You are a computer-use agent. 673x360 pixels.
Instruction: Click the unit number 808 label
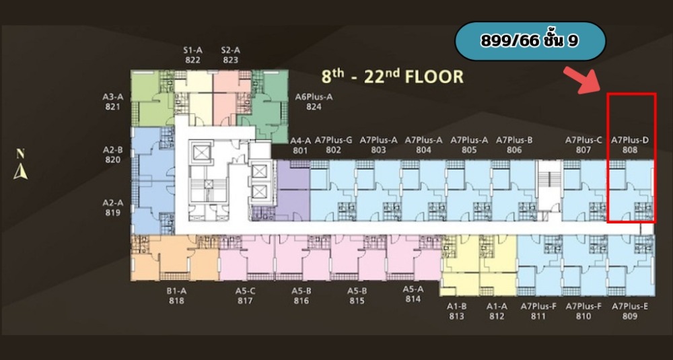click(630, 150)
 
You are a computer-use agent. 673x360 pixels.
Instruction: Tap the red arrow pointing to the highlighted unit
click(581, 80)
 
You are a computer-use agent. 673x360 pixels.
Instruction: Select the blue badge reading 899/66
click(530, 41)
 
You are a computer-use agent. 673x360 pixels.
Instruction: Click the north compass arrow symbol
click(20, 172)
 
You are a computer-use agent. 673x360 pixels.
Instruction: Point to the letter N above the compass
click(20, 153)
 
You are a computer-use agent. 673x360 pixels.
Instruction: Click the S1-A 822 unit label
click(192, 55)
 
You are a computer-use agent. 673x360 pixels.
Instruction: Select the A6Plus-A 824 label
click(314, 102)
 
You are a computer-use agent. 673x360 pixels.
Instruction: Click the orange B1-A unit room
click(175, 258)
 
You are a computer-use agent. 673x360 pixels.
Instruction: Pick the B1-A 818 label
click(176, 295)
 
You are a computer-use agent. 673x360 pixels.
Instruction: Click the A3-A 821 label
click(113, 102)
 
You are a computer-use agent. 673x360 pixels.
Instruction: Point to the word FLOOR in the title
click(435, 77)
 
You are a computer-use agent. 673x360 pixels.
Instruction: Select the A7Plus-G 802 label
click(334, 145)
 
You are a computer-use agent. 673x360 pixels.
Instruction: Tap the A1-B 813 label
click(457, 312)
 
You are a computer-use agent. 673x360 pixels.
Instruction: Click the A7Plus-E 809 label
click(630, 312)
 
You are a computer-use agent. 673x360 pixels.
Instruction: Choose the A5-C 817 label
click(245, 295)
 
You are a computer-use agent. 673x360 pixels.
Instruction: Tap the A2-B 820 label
click(113, 155)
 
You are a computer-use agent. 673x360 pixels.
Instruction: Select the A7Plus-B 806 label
click(514, 145)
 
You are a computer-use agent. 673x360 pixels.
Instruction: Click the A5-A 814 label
click(413, 294)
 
